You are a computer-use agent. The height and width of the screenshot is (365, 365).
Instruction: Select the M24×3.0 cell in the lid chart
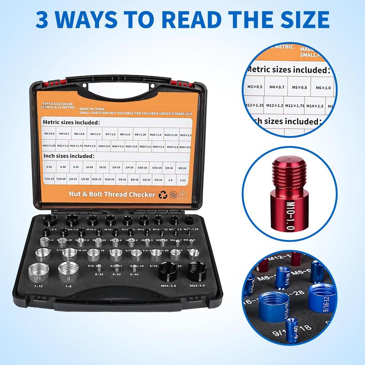click(185, 147)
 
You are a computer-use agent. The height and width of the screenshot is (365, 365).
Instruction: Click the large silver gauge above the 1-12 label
click(36, 273)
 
